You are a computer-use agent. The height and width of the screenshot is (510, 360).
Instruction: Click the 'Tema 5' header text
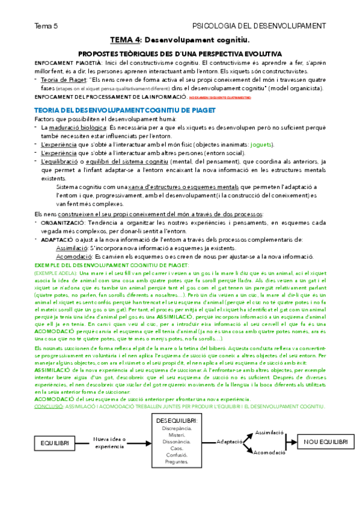tap(46, 26)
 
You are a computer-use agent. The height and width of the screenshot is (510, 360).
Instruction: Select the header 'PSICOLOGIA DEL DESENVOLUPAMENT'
tap(258, 26)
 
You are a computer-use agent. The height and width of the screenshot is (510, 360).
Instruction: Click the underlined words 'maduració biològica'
tap(72, 129)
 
